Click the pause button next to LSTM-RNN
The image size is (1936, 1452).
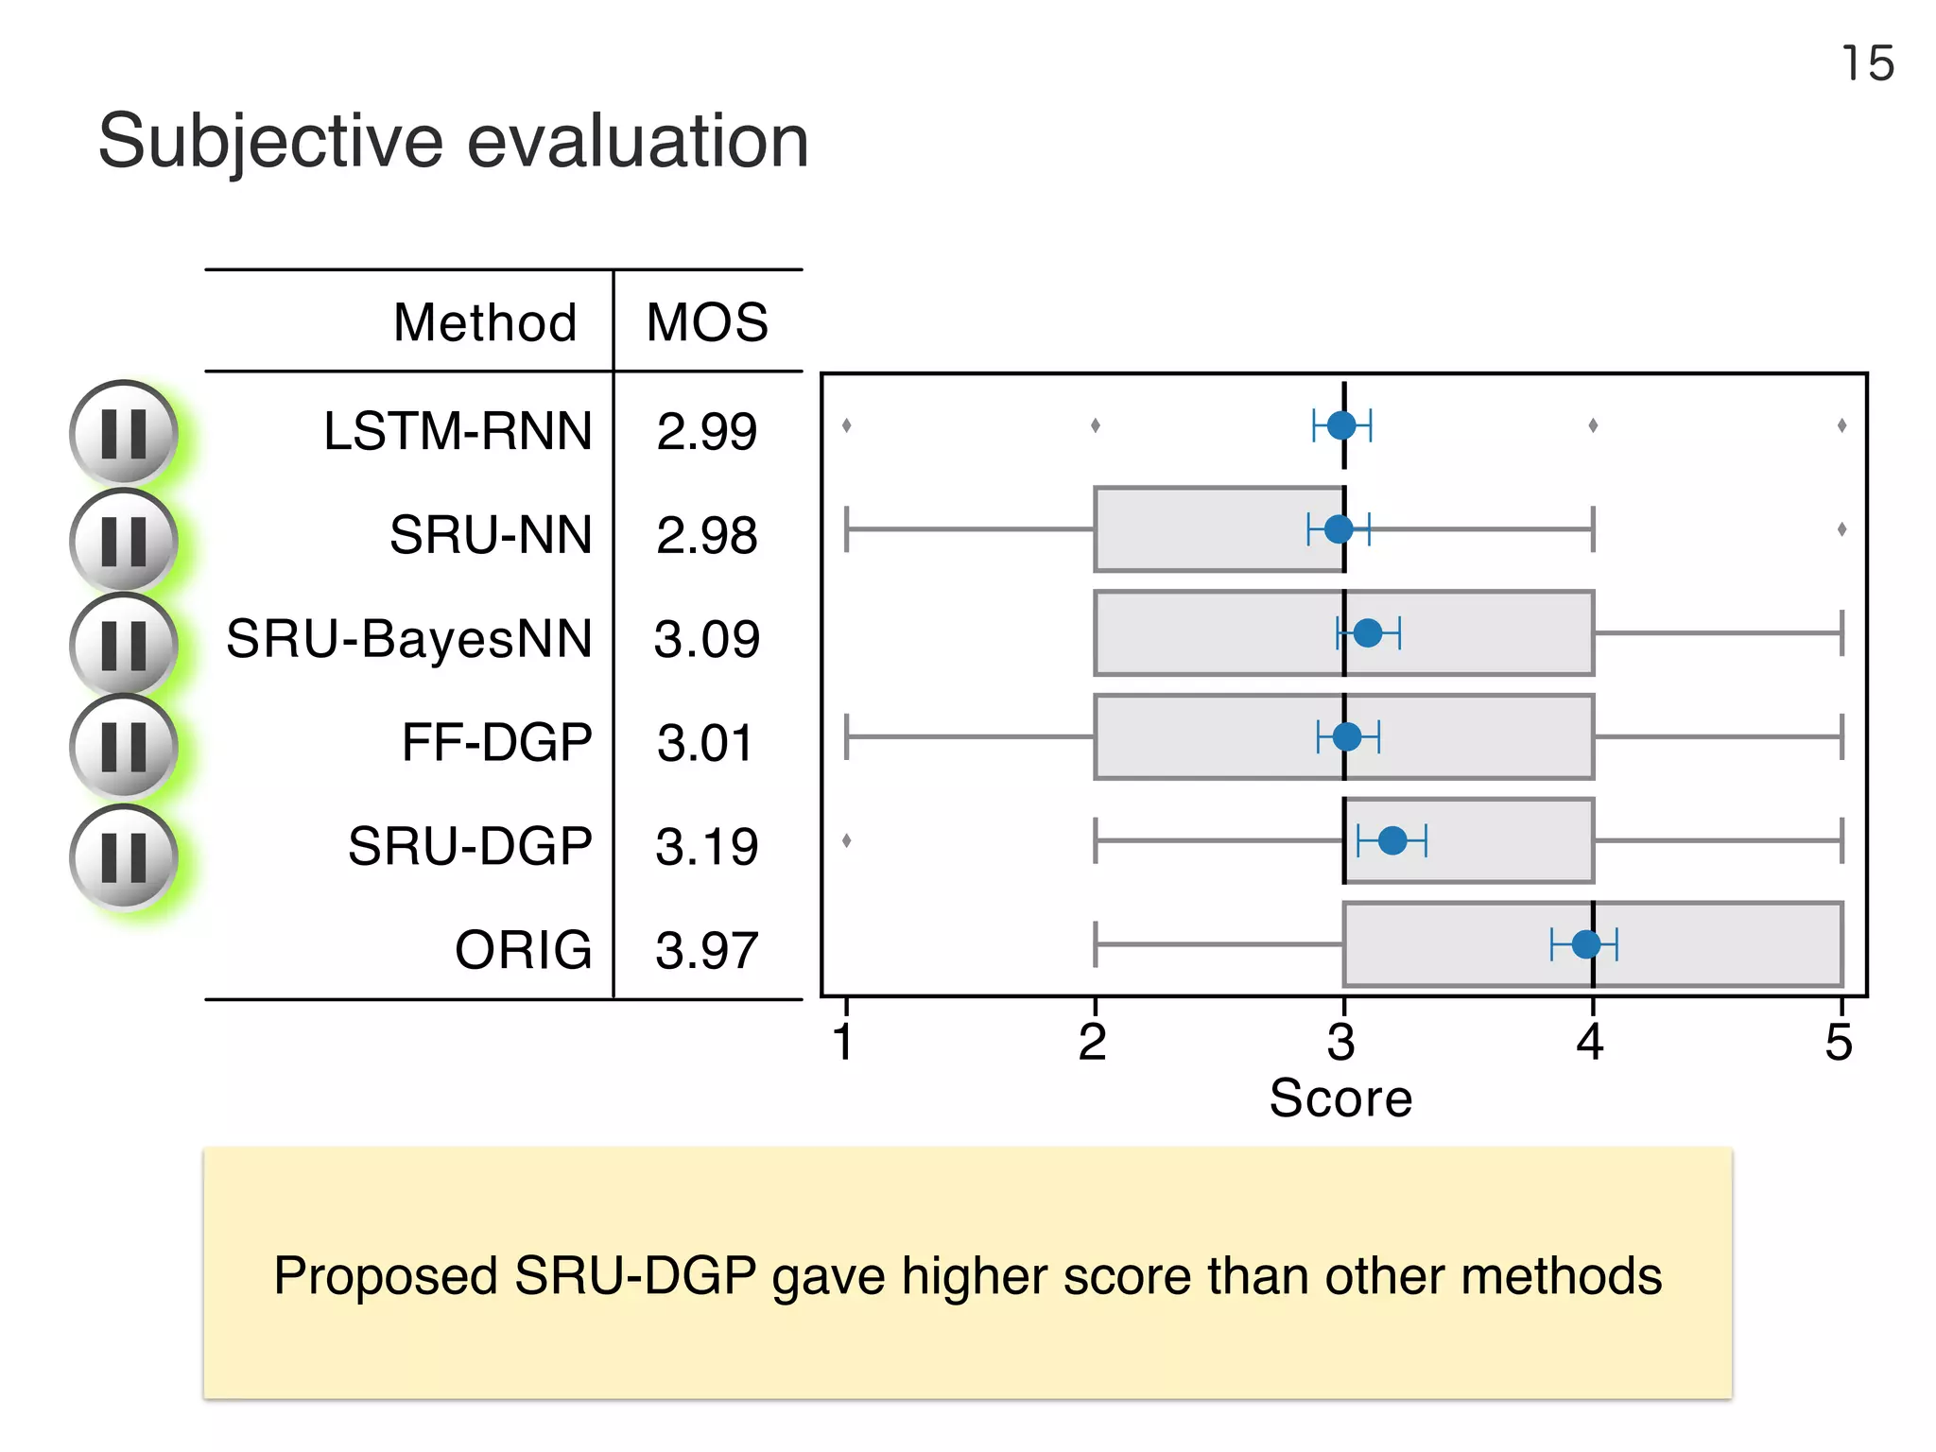[123, 434]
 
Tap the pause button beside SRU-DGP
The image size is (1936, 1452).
[123, 857]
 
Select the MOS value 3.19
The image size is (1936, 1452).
[707, 847]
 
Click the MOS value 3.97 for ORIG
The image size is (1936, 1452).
[707, 951]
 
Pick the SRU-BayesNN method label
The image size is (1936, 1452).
[409, 639]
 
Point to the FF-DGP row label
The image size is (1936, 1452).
[496, 742]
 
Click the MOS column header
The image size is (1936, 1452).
[707, 323]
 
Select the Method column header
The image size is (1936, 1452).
[485, 323]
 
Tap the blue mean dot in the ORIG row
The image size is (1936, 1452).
[1586, 943]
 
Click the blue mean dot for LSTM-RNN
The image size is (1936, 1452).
[1341, 425]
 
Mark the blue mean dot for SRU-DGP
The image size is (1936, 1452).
[1392, 839]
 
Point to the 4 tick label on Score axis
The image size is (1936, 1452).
[1590, 1043]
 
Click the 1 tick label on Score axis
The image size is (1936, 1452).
[844, 1043]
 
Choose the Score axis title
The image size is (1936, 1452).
[1340, 1098]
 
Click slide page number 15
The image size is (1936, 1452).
[1868, 64]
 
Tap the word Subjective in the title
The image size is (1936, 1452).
[270, 142]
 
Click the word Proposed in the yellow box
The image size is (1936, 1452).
[386, 1276]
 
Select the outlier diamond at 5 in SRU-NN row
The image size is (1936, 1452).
[1841, 529]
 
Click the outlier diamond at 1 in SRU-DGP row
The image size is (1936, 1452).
[846, 839]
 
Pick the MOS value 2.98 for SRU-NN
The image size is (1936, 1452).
[707, 536]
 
